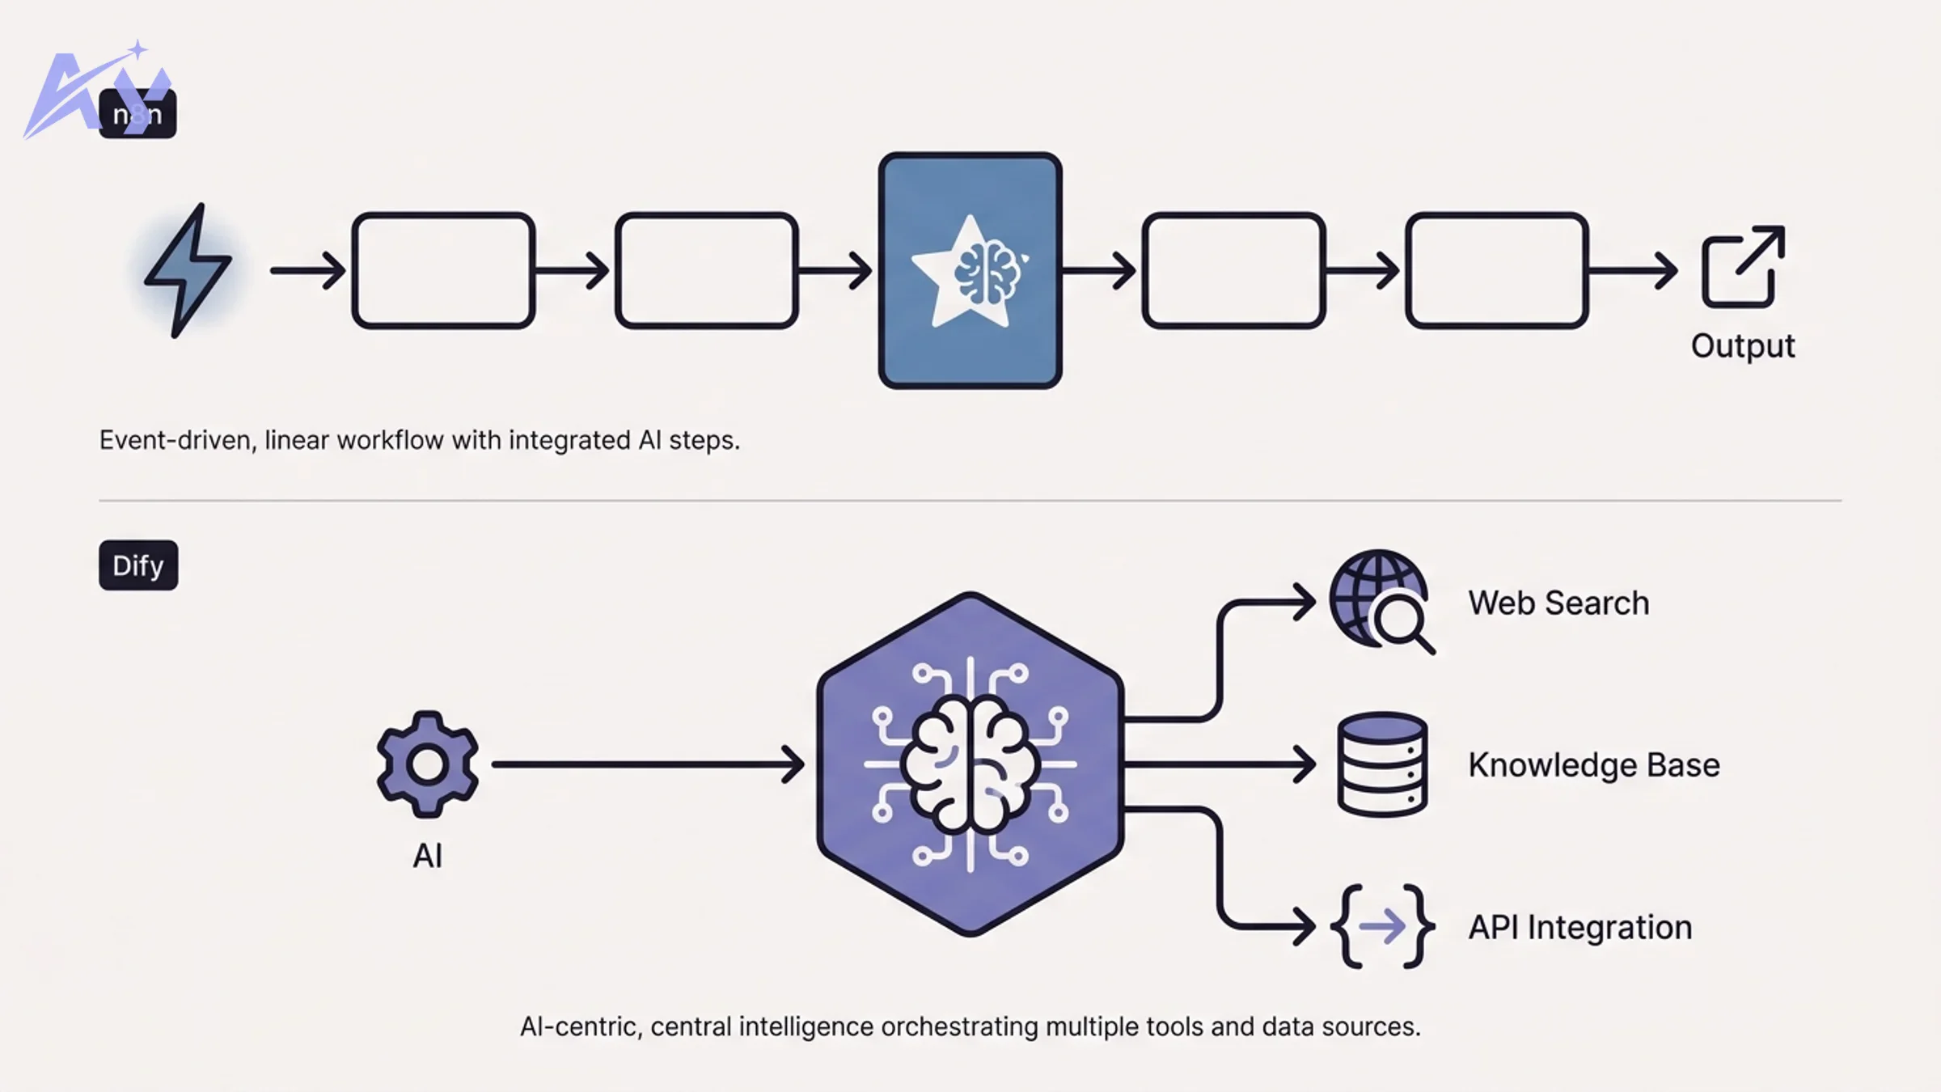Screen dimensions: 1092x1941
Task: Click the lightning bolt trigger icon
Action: coord(188,270)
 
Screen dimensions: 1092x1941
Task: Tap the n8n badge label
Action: coord(137,114)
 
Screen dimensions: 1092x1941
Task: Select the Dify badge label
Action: coord(138,565)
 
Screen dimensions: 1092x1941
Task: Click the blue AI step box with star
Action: coord(970,270)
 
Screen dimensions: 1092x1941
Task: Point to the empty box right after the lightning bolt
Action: coord(443,270)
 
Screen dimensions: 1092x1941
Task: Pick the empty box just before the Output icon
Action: coord(1496,270)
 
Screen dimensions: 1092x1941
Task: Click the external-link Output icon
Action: coord(1743,267)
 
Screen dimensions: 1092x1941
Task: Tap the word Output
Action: coord(1743,346)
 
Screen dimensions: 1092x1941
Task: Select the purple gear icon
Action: coord(427,764)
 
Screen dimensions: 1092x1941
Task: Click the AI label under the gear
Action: coord(427,856)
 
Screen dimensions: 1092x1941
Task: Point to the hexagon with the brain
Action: coord(970,764)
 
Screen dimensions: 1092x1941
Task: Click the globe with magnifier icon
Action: coord(1381,601)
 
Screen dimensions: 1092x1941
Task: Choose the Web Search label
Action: coord(1558,603)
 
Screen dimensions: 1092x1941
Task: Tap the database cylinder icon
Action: coord(1381,764)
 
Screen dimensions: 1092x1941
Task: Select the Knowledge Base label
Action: coord(1593,765)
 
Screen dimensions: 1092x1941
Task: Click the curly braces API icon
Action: coord(1381,926)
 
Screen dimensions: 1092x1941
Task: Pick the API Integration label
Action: coord(1579,928)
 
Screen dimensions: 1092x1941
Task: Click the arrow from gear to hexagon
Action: coord(647,764)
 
